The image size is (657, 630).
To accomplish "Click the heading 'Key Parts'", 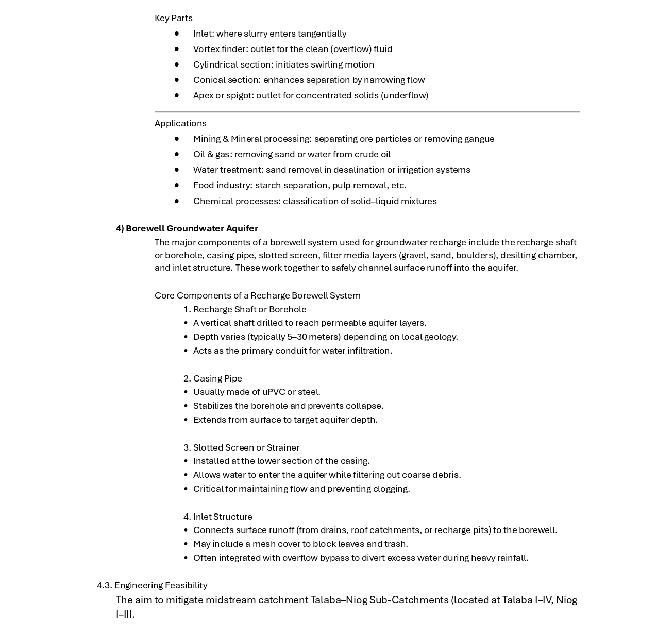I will tap(173, 18).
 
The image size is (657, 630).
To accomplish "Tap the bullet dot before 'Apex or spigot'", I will tap(177, 95).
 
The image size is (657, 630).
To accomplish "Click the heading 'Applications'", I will tap(180, 123).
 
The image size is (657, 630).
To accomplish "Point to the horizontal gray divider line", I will tap(367, 111).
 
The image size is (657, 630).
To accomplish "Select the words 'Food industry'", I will tap(222, 185).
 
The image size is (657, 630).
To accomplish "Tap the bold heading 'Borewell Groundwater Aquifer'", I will tap(192, 228).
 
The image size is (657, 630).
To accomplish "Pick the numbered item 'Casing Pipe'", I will tap(217, 378).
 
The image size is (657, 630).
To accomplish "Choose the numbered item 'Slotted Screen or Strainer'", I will tap(246, 447).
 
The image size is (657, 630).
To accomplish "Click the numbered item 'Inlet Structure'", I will tap(223, 517).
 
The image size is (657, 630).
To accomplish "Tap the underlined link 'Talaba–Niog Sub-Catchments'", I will tap(379, 600).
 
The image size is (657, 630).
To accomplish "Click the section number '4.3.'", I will tap(104, 585).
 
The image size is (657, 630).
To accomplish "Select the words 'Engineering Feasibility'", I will tap(161, 585).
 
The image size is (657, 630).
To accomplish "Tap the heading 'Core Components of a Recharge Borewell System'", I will tap(257, 295).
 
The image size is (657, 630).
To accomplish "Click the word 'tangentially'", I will tap(322, 34).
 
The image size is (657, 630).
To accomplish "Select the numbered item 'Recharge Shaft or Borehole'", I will tap(249, 309).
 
